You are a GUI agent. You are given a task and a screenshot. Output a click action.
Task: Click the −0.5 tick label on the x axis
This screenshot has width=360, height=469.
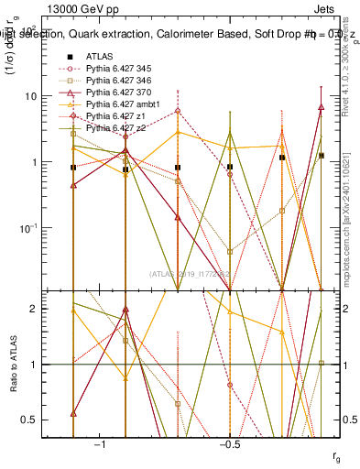click(229, 444)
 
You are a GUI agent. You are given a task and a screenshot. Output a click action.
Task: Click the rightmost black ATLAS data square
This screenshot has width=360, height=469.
click(321, 156)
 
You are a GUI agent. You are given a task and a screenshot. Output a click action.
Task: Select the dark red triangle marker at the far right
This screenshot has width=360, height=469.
click(321, 107)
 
